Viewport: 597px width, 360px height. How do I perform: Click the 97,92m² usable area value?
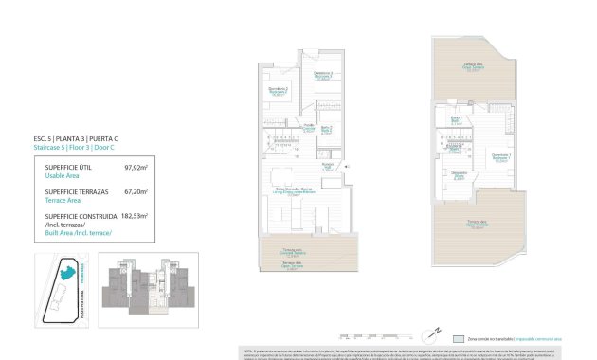[x=137, y=167]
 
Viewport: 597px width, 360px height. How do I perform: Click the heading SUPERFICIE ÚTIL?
[x=70, y=167]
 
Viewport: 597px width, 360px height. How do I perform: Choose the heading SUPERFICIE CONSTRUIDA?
[x=82, y=215]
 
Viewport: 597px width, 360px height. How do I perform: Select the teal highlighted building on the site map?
[x=68, y=272]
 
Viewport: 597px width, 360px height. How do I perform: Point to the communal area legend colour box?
[x=459, y=337]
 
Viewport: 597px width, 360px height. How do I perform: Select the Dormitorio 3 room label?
[x=323, y=77]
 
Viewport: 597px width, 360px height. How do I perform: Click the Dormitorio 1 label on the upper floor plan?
[x=501, y=155]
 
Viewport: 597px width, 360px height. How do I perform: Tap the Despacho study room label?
[x=459, y=174]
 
